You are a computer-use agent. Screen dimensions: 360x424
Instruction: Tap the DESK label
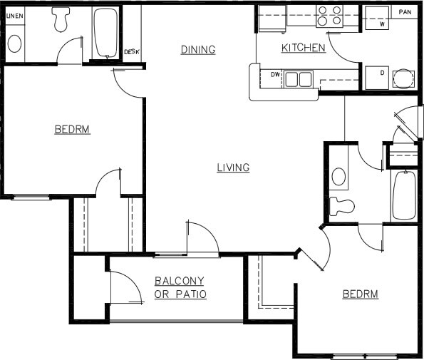coord(131,51)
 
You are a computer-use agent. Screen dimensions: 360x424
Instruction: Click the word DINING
coord(197,49)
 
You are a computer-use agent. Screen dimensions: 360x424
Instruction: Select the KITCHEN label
coord(304,48)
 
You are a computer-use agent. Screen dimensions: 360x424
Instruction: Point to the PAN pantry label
coord(405,12)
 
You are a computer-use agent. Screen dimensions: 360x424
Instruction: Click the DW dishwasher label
coord(275,74)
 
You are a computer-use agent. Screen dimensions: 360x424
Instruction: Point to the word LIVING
coord(233,168)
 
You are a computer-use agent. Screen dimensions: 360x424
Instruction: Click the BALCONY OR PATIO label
coord(180,287)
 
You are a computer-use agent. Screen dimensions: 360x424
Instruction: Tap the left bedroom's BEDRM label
coord(72,129)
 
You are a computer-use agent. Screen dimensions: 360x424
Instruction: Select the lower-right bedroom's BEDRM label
coord(360,294)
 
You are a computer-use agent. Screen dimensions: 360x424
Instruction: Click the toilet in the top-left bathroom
coord(61,19)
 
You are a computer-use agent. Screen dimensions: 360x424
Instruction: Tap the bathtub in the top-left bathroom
coord(106,34)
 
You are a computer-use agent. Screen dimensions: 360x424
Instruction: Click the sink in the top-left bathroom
coord(15,43)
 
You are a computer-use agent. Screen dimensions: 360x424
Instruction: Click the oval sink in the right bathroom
coord(339,176)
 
